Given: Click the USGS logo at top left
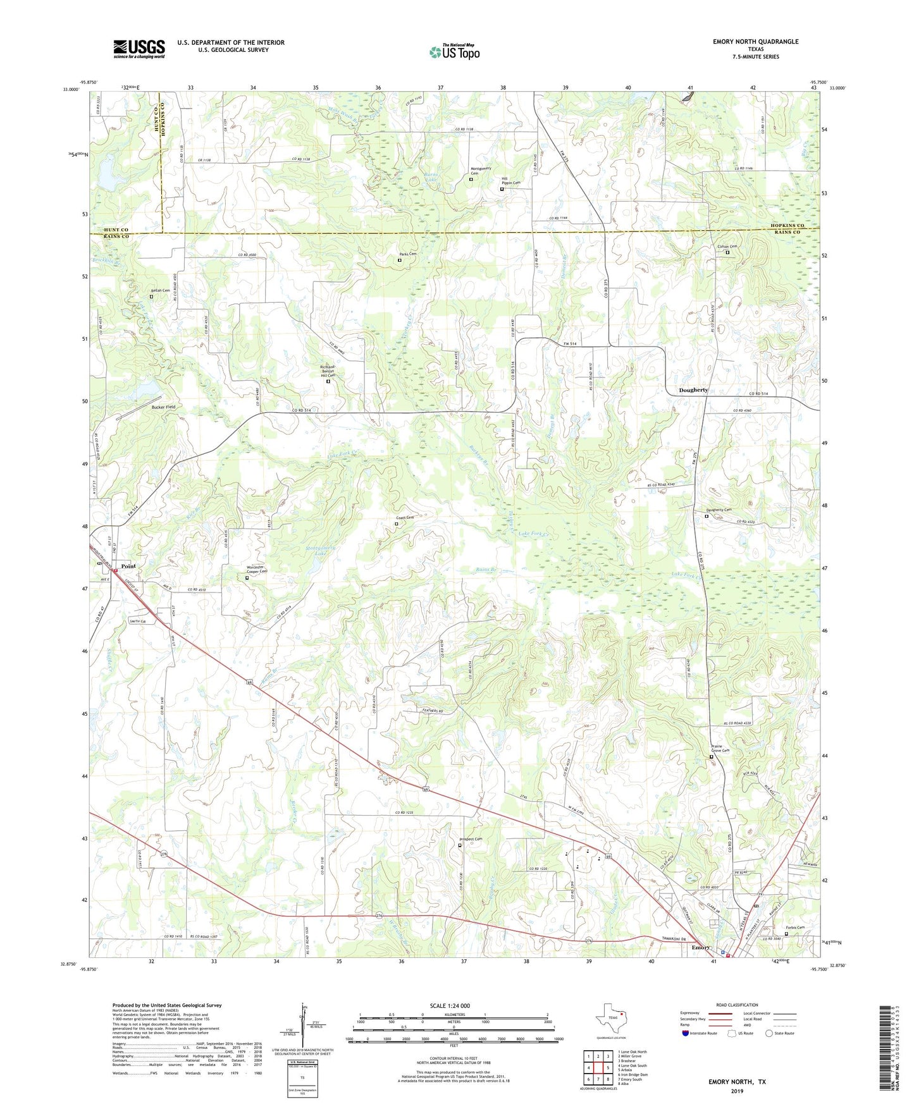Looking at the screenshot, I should tap(139, 49).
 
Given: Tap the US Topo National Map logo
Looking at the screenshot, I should tap(454, 52).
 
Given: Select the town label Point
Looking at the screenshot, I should tap(128, 566).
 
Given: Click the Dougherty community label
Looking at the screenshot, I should tap(693, 390).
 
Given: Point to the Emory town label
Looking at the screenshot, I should tap(700, 948).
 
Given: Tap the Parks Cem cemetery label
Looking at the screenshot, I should tap(407, 254).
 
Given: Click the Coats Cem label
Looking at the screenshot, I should tap(404, 518).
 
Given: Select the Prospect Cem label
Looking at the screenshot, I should tap(470, 839).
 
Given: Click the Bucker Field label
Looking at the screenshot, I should tap(163, 407).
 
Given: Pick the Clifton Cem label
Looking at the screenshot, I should tap(727, 247).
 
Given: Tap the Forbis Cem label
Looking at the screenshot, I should tap(795, 928).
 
